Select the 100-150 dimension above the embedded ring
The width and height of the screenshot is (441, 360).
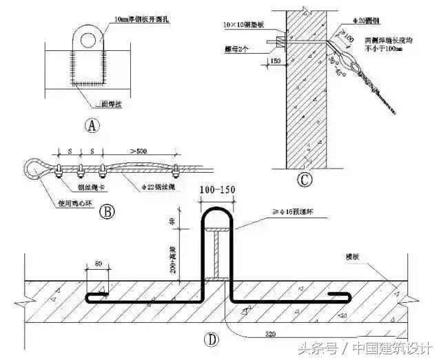pyautogui.click(x=216, y=190)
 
